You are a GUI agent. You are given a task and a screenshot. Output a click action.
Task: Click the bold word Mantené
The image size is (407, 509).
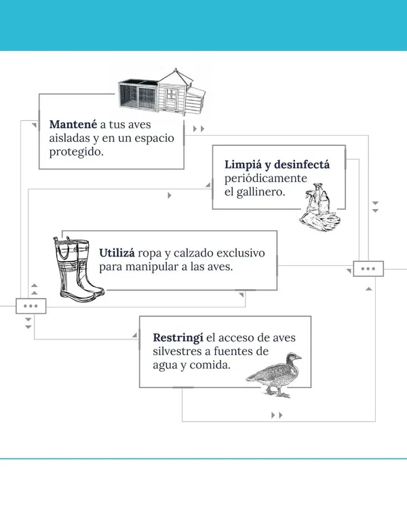tap(73, 125)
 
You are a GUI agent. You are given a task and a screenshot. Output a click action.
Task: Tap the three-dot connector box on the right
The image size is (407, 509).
tap(368, 269)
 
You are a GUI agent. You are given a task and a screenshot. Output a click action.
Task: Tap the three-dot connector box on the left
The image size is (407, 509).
tap(31, 306)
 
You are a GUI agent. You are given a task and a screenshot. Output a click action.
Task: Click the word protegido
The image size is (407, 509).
tap(76, 151)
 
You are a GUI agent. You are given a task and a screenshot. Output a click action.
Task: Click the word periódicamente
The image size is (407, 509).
tap(266, 178)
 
